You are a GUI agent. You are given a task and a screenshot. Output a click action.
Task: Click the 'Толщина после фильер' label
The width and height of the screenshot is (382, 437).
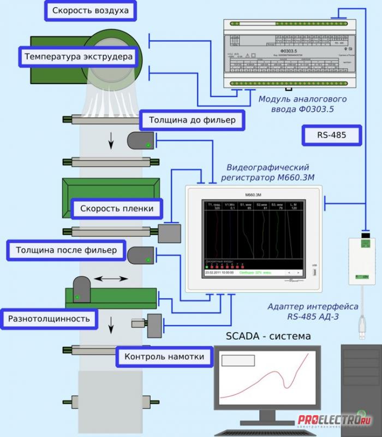[66, 251]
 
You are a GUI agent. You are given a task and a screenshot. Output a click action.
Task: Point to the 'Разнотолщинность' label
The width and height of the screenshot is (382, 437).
[49, 317]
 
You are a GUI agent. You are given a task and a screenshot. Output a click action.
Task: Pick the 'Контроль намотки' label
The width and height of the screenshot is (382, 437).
[164, 357]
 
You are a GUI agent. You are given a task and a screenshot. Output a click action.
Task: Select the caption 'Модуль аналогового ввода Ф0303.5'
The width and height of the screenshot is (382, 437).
[303, 104]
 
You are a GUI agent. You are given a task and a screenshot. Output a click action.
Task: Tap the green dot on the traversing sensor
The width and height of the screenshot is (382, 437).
[78, 297]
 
